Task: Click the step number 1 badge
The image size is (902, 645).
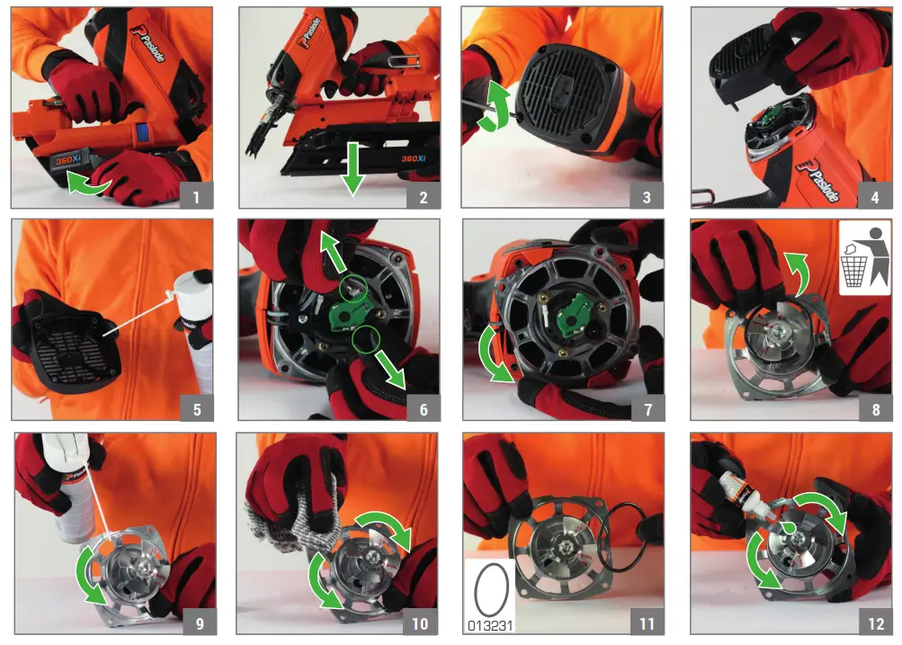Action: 196,193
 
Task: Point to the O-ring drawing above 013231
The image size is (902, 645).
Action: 491,589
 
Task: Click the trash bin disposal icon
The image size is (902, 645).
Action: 864,258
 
